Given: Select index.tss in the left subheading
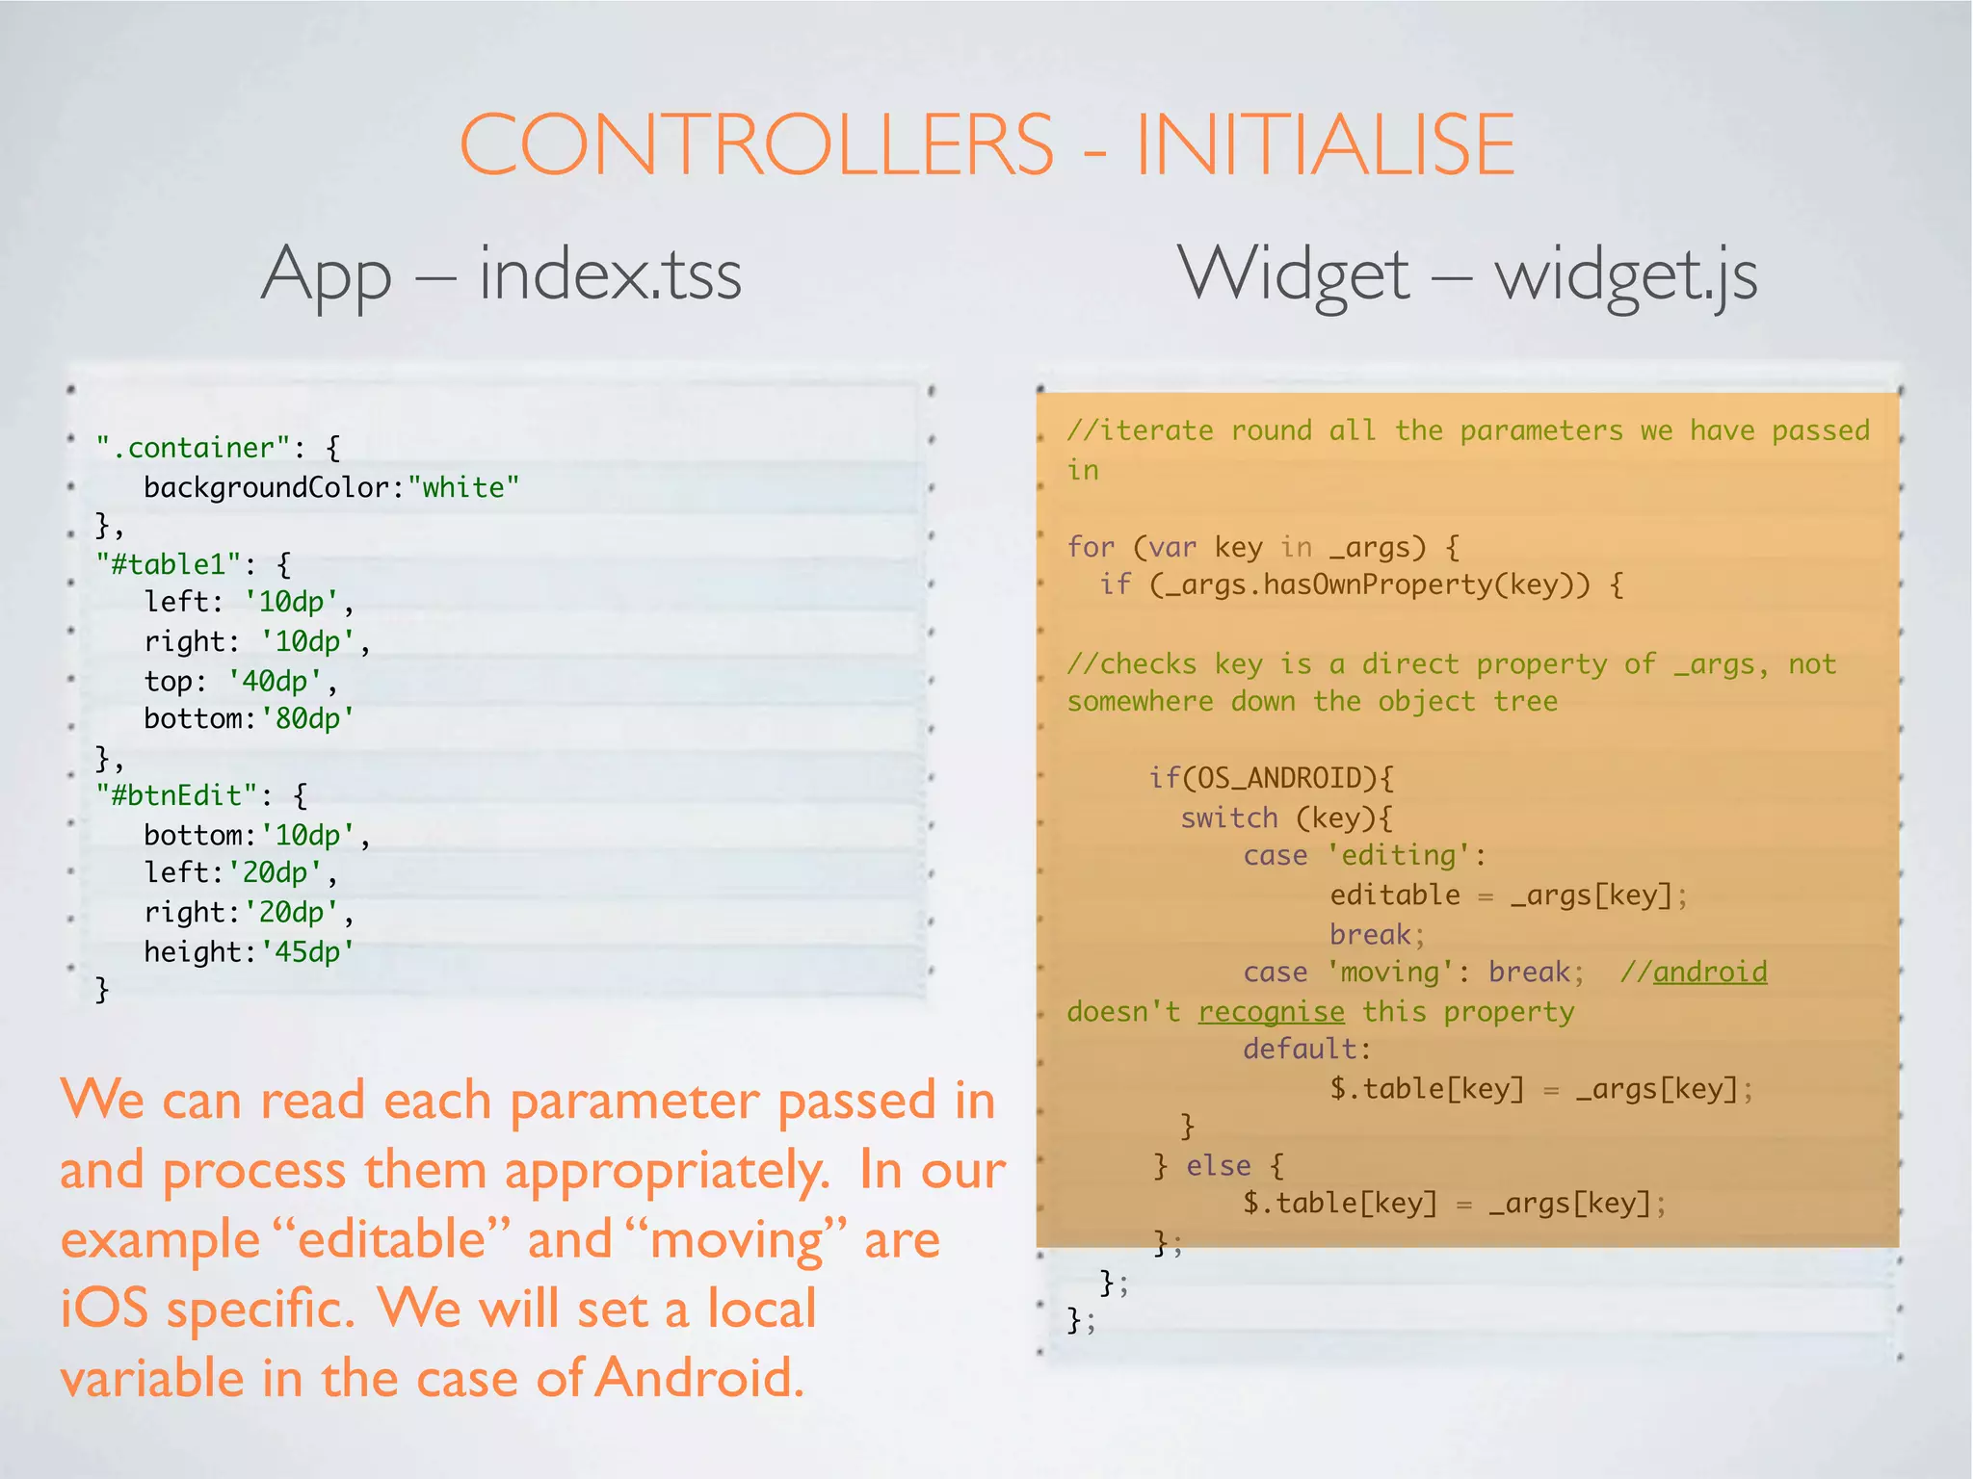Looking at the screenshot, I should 610,275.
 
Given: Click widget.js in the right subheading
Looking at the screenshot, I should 1625,275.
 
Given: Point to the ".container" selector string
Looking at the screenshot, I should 193,448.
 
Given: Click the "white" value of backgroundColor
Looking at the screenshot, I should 463,487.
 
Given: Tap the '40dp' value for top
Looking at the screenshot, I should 275,682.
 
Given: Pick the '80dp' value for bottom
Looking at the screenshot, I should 307,719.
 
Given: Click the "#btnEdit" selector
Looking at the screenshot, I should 177,795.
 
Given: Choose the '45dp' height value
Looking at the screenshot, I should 307,952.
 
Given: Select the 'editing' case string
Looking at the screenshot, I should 1399,856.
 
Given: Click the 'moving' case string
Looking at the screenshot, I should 1390,973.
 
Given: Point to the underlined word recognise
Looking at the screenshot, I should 1271,1012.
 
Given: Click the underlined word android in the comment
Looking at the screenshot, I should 1710,973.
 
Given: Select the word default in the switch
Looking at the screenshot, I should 1300,1050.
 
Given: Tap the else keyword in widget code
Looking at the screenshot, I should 1218,1166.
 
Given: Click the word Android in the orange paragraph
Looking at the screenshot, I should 697,1378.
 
